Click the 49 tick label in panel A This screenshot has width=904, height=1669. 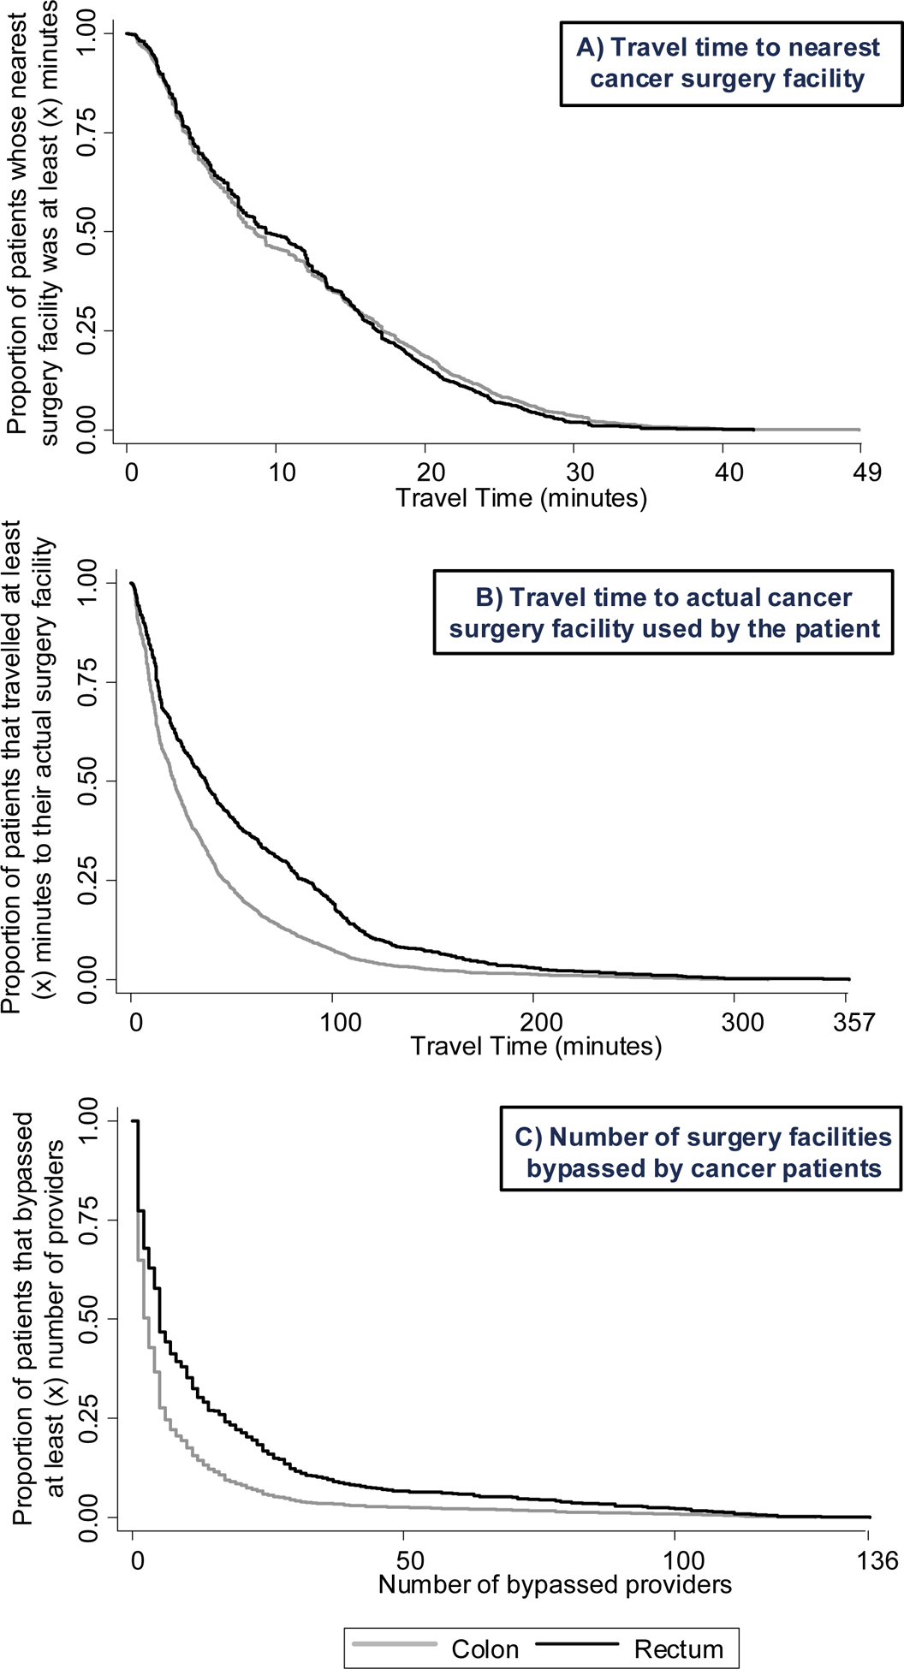click(866, 472)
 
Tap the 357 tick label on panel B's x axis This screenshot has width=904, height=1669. click(853, 1022)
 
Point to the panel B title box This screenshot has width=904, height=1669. click(663, 613)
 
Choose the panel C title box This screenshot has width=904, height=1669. click(701, 1152)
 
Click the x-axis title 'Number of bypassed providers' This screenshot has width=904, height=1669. click(555, 1584)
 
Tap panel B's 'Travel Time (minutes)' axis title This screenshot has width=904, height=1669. click(536, 1046)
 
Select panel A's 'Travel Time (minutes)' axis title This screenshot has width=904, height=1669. click(520, 497)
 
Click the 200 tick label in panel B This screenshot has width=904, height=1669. click(541, 1022)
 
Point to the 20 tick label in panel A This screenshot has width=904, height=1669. click(431, 472)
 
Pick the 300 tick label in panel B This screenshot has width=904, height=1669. click(741, 1022)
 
